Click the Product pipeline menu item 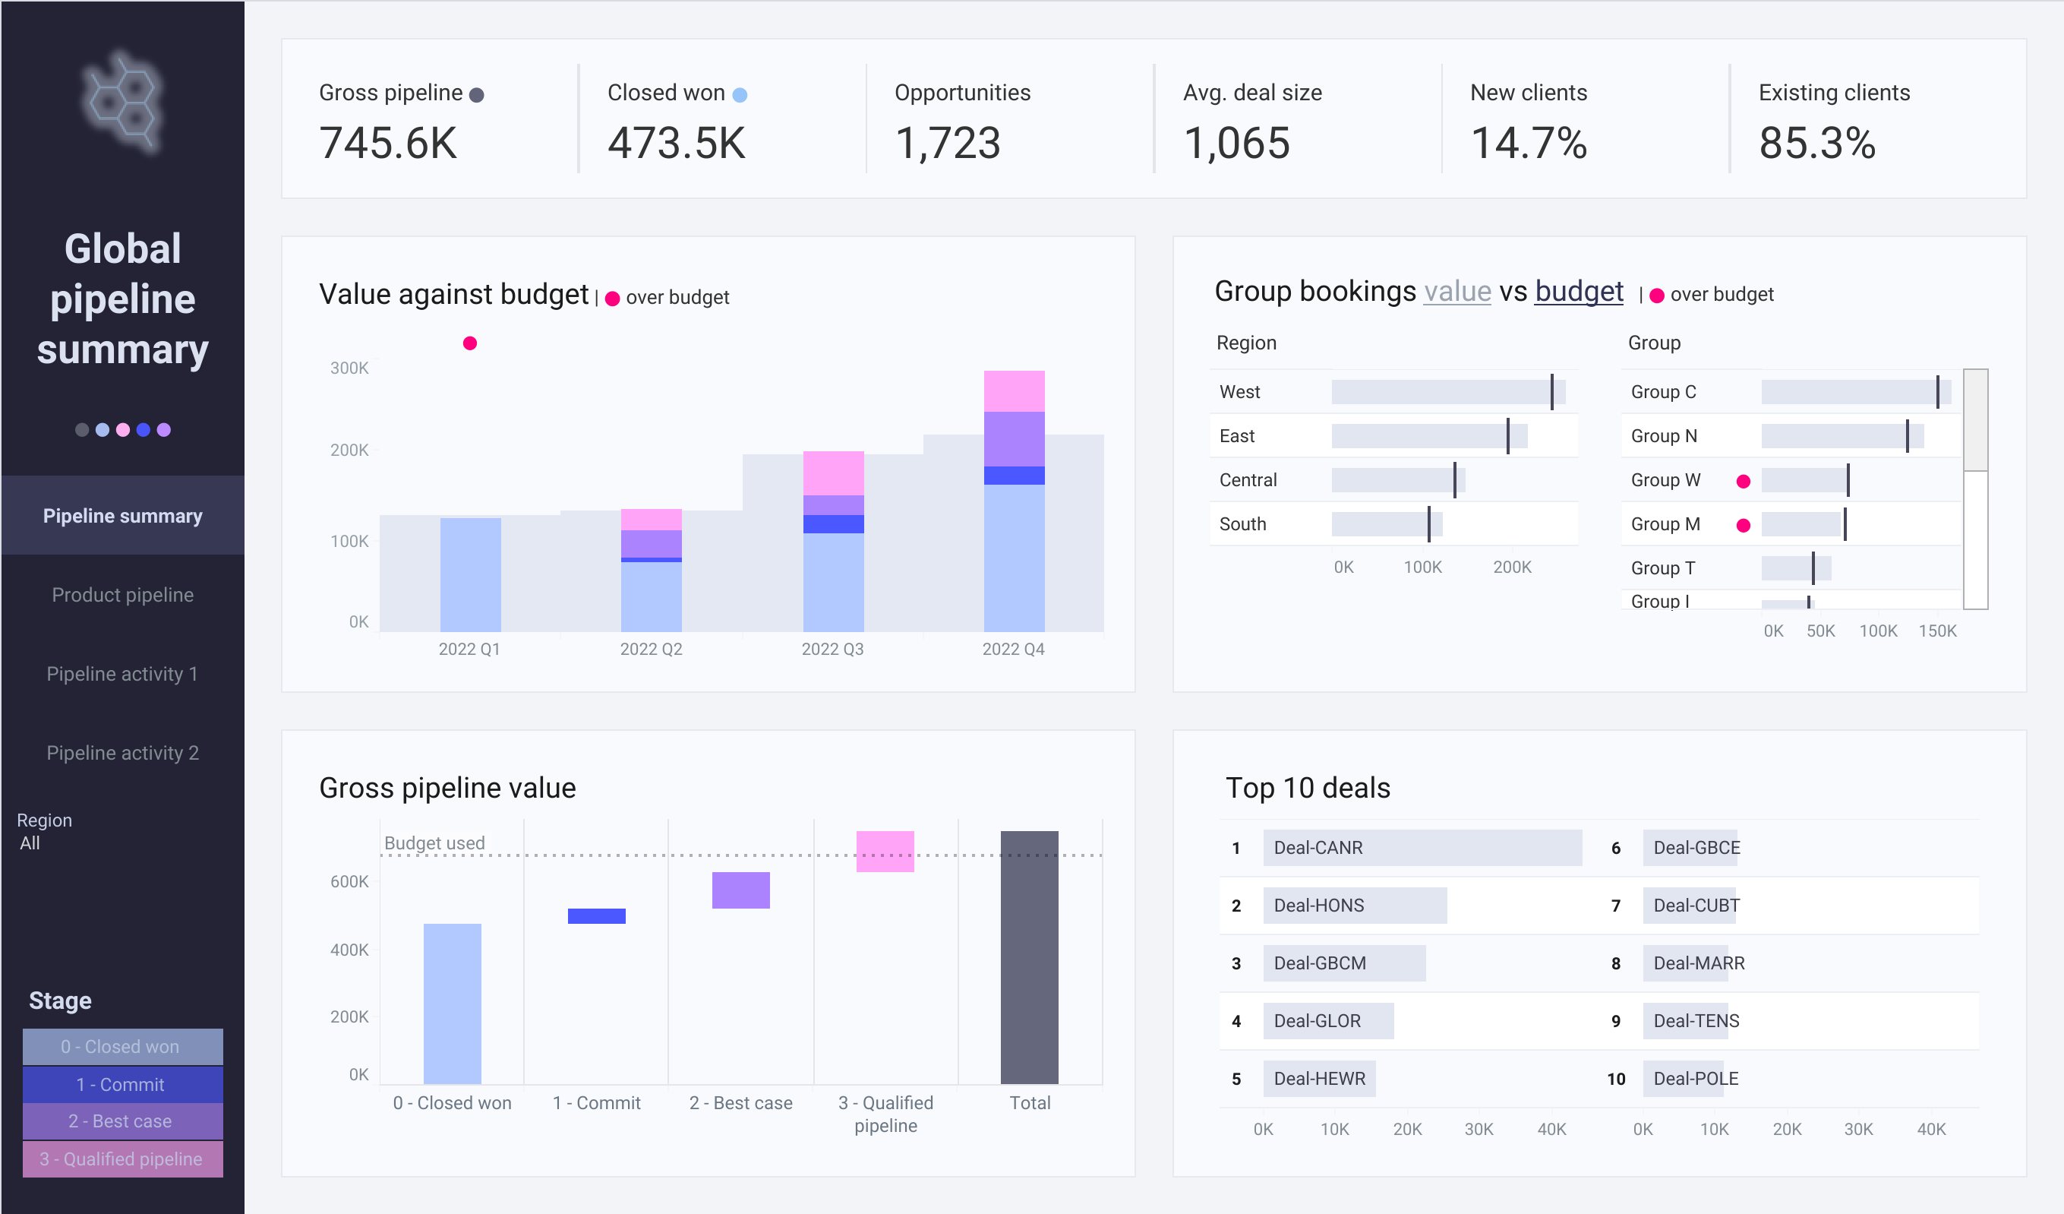coord(123,595)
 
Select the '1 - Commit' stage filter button coord(123,1084)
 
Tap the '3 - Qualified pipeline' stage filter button coord(123,1159)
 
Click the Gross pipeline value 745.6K coord(388,144)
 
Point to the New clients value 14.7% coord(1529,144)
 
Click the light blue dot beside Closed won coord(740,95)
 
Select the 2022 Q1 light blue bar coord(470,574)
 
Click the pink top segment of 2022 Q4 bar coord(1014,391)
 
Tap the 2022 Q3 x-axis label coord(832,649)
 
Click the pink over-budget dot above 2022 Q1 coord(470,343)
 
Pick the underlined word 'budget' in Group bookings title coord(1578,292)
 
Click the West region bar coord(1448,391)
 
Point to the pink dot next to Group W coord(1744,482)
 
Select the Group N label coord(1664,436)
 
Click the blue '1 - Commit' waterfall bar coord(596,916)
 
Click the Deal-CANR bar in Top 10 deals coord(1422,848)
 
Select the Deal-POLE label coord(1696,1078)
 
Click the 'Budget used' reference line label coord(434,843)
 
